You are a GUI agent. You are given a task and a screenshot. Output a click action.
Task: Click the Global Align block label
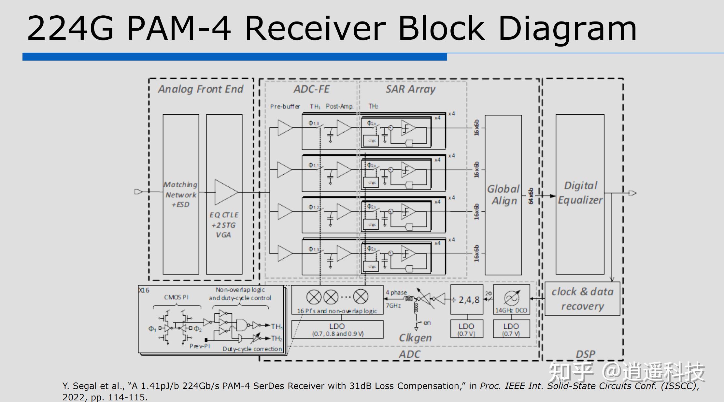coord(504,195)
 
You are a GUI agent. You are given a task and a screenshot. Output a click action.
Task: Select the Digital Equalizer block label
coord(580,193)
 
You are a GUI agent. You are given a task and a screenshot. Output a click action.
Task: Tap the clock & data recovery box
coord(582,299)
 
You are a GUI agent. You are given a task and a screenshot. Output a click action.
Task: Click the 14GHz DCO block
coord(511,299)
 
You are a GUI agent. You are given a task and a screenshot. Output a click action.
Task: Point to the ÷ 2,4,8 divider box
coord(467,299)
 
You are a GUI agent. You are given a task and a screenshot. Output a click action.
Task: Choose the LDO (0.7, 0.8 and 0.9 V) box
coord(337,329)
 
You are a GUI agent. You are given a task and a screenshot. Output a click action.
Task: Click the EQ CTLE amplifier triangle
coord(226,192)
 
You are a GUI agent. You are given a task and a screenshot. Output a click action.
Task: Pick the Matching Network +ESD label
coord(180,194)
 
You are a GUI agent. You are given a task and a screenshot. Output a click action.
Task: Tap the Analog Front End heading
coord(201,89)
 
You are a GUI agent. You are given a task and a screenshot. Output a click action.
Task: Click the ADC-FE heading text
coord(311,89)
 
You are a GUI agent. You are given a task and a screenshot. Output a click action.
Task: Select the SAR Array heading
coord(410,89)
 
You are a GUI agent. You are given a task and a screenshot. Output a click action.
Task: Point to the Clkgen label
coord(415,338)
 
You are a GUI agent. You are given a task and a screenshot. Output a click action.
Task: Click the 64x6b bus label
coord(531,196)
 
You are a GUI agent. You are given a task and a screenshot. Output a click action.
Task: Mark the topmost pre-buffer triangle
coord(285,127)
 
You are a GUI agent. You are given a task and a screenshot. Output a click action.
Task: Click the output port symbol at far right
coord(632,193)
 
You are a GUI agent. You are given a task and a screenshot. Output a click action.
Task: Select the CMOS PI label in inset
coord(176,297)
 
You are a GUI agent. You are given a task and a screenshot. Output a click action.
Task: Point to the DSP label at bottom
coord(585,354)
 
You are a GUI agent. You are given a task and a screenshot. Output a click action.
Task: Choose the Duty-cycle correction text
coord(252,349)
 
